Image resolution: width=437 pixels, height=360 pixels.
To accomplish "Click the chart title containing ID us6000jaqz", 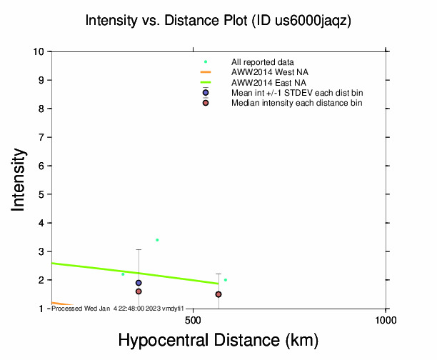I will pos(218,21).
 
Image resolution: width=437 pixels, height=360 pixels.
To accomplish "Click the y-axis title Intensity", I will pos(19,179).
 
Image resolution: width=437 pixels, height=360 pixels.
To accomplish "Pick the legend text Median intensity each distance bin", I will pos(296,103).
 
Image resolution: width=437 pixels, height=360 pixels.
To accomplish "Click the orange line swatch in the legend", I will pos(206,72).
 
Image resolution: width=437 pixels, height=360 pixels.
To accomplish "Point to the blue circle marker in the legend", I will pos(206,93).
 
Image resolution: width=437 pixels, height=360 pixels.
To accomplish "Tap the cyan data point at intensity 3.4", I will pos(157,240).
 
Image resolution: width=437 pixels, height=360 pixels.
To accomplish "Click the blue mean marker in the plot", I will pos(139,283).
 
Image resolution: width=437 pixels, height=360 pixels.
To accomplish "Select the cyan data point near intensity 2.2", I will pos(123,274).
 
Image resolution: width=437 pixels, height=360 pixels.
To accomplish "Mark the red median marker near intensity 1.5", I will pos(218,294).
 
